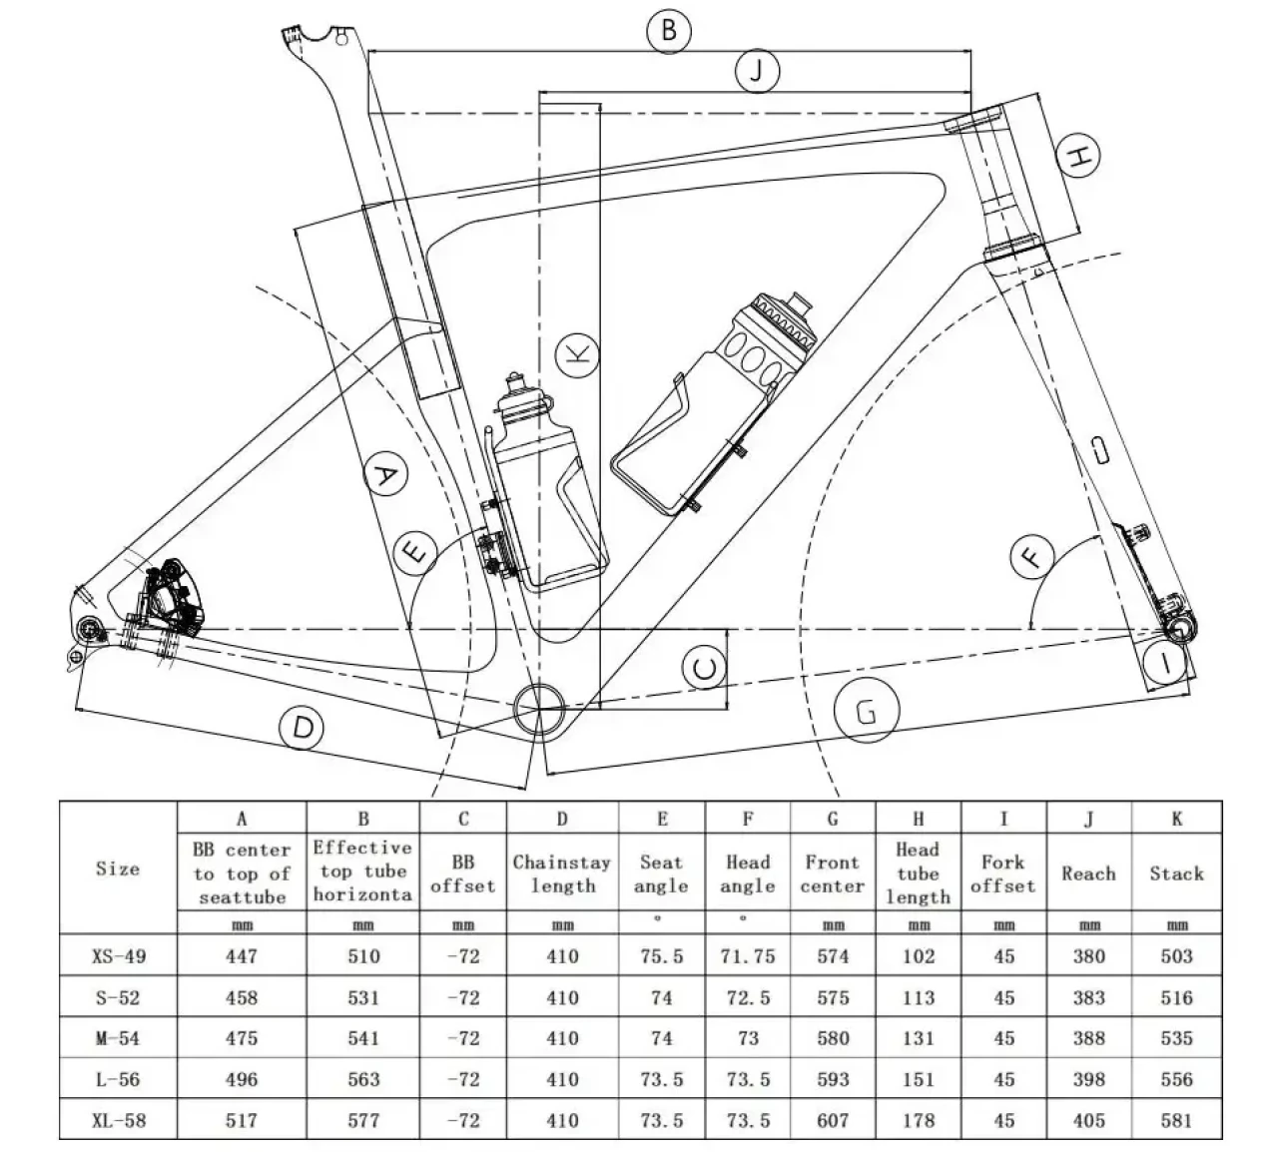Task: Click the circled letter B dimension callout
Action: point(669,30)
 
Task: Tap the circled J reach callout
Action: point(756,71)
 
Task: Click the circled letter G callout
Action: point(866,712)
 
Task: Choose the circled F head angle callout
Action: point(1032,556)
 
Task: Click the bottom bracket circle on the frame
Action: point(538,708)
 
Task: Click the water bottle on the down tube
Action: point(719,404)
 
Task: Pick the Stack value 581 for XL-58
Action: point(1176,1120)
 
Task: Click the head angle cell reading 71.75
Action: point(747,956)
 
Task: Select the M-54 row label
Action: point(118,1038)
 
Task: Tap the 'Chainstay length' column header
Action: point(562,873)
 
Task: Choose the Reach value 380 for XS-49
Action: point(1088,956)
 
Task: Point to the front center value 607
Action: point(833,1120)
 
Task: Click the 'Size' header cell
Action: point(118,868)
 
